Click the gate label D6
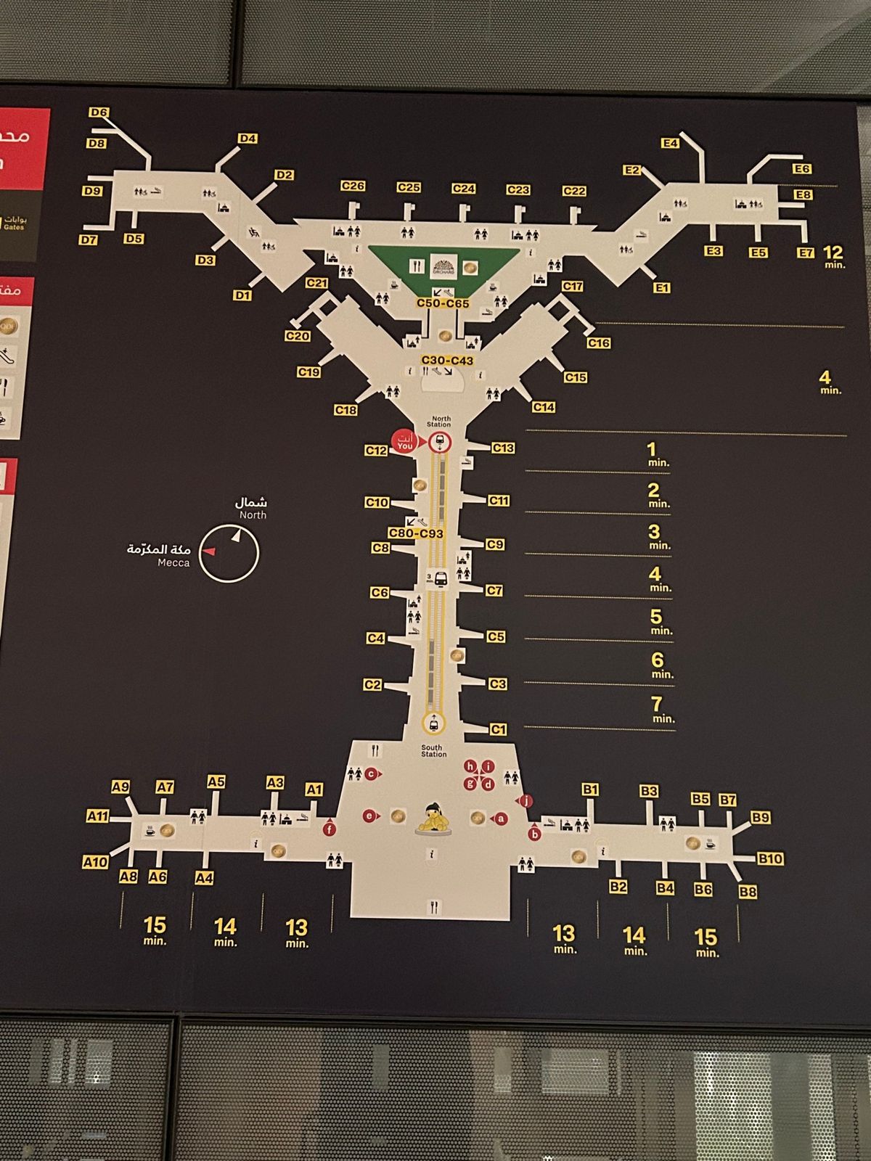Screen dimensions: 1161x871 [99, 112]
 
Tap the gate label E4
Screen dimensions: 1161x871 [670, 143]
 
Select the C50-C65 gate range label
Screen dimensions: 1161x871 [443, 303]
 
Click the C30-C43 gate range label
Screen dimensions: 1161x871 [447, 361]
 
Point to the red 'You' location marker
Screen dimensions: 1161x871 [404, 442]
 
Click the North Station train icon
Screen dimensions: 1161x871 [438, 443]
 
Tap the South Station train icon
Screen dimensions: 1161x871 [433, 723]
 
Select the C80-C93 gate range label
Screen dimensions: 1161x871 [416, 533]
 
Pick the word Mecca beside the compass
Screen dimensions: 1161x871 [173, 562]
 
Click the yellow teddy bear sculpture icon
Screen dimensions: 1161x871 [433, 818]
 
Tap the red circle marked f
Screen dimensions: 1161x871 [330, 829]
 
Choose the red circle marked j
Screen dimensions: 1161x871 [527, 801]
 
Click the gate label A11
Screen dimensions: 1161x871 [97, 816]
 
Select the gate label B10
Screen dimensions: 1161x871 [770, 859]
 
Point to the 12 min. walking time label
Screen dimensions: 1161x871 [833, 255]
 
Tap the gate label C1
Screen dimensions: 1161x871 [498, 730]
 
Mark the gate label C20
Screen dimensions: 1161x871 [298, 336]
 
